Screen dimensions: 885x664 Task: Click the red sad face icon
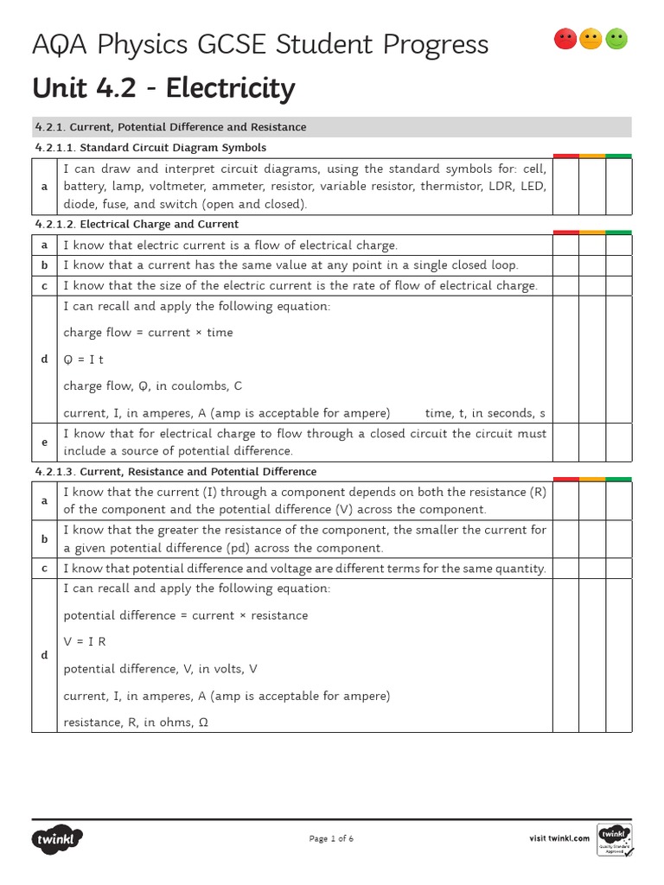565,39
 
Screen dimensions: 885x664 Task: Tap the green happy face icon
616,39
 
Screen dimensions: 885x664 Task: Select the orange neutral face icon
591,39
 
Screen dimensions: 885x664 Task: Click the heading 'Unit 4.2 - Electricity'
163,88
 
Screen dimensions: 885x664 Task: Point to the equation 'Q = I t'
84,360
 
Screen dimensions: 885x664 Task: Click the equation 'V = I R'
85,642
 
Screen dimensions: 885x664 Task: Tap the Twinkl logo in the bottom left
58,838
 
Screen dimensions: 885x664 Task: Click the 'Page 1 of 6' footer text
331,838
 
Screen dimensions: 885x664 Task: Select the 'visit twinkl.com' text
559,838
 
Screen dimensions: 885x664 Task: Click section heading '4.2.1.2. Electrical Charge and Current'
137,225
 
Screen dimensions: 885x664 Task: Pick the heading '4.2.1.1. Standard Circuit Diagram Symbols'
150,148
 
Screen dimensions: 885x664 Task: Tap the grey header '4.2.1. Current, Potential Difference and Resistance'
170,127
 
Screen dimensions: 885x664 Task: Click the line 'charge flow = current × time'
148,333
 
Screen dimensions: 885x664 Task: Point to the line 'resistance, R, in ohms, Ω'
136,723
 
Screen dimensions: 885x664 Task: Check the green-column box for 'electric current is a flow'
618,245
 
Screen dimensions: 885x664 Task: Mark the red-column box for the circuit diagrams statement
565,187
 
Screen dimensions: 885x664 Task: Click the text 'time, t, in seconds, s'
485,413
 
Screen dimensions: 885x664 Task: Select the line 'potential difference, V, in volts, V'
161,669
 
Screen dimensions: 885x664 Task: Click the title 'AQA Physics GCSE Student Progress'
260,44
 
